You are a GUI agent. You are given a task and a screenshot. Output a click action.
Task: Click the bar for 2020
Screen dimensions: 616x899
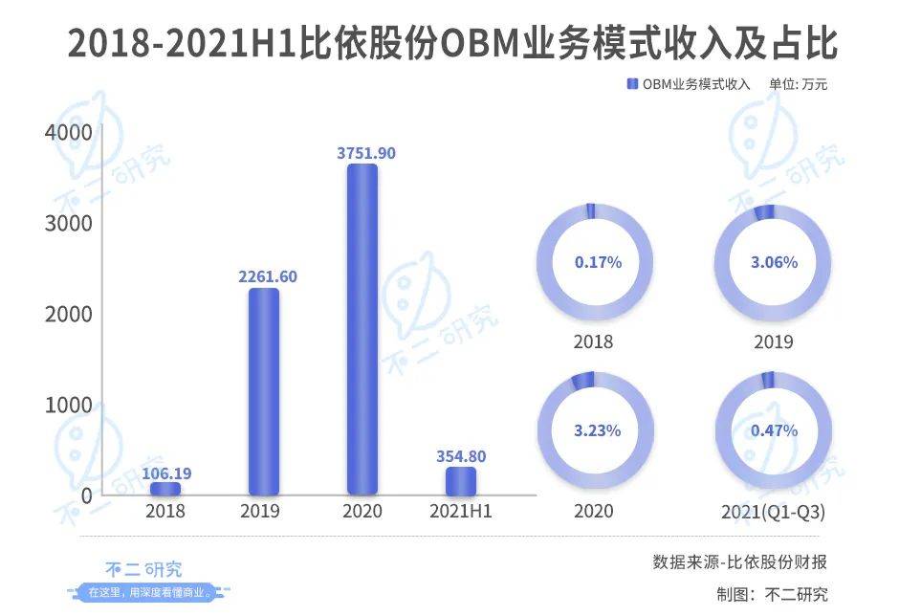coord(362,329)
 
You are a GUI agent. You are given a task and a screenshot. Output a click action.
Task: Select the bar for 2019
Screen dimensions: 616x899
coord(263,391)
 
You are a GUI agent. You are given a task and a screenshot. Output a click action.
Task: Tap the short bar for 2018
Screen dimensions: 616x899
coord(164,489)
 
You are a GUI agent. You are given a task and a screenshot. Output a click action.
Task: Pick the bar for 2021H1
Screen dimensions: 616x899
coord(460,481)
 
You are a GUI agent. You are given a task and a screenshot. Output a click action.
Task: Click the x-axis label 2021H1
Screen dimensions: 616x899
coord(460,512)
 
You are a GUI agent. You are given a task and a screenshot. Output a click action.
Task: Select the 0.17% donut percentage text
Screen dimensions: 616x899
coord(598,261)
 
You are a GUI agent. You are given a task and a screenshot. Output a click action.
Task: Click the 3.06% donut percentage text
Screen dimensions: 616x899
coord(774,261)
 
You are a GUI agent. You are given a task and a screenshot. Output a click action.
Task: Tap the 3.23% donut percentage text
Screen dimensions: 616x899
coord(598,430)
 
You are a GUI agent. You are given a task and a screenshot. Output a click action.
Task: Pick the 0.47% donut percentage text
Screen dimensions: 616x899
coord(774,430)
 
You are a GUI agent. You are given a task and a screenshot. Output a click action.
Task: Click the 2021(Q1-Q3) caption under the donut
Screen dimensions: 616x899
coord(774,514)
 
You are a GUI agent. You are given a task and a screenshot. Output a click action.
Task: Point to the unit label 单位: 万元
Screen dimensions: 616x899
coord(798,84)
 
